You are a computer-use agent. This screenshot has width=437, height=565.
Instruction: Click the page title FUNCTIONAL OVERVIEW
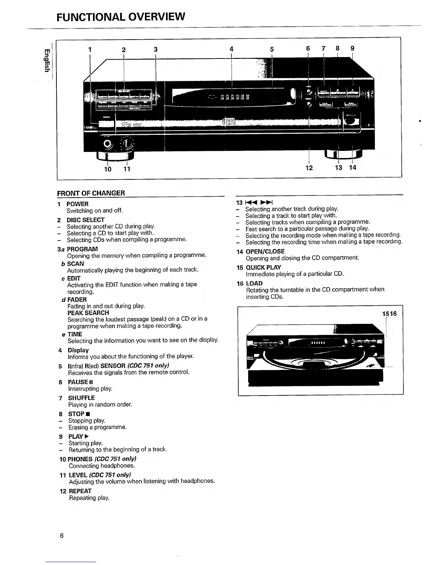121,16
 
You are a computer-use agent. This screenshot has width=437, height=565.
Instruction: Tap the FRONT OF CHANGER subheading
91,193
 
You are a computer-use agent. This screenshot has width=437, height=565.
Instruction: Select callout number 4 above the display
231,49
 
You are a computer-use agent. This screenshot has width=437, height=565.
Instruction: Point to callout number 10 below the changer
107,169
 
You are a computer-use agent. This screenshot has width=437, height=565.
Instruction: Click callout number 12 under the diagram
309,168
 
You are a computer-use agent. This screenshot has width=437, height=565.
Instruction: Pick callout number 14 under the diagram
352,167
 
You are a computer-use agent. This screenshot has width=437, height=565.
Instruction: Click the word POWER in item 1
77,204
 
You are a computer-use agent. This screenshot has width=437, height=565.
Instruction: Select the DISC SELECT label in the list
86,220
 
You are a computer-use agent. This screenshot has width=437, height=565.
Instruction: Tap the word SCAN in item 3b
76,264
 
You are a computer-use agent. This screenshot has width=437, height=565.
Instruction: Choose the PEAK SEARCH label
88,312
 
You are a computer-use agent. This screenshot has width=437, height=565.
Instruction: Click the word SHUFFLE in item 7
81,398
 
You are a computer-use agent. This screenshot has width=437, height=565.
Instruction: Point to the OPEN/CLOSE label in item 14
265,251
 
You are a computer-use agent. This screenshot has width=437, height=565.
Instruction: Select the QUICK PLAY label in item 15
263,268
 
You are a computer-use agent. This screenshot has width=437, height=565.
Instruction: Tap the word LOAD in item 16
254,284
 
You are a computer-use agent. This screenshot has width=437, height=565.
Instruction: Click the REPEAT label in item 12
80,491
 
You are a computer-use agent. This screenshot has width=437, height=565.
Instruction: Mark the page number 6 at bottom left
62,536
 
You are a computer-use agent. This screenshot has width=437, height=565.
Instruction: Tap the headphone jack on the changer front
107,144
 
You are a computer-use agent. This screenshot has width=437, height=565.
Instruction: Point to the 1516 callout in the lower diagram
390,314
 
